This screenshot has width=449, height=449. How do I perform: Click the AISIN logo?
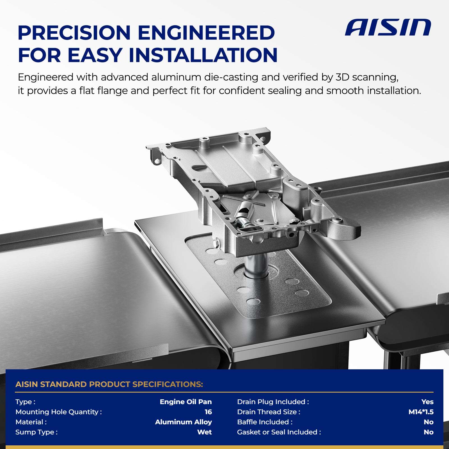pos(388,27)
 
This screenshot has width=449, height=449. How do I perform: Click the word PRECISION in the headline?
pos(74,33)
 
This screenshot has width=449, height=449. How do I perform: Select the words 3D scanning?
pos(367,77)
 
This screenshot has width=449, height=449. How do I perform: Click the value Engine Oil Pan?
pos(186,402)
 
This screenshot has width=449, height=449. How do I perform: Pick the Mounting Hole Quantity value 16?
pos(208,412)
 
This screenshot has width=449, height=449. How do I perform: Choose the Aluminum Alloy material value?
pos(184,422)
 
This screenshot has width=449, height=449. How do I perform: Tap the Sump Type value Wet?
pos(205,432)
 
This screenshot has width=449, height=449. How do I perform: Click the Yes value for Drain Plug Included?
pos(427,402)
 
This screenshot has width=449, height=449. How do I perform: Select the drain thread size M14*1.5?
pos(421,412)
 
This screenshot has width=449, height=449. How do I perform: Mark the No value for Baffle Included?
pos(429,422)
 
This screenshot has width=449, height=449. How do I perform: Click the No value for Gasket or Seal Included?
pos(429,432)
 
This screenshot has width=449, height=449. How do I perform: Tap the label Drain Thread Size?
pos(269,412)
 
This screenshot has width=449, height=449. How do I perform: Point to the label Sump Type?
pos(36,432)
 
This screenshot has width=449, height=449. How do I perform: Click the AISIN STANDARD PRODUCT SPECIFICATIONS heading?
pos(109,384)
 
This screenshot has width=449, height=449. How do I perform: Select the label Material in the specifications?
pos(31,422)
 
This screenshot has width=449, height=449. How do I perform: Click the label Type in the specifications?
pos(25,402)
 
